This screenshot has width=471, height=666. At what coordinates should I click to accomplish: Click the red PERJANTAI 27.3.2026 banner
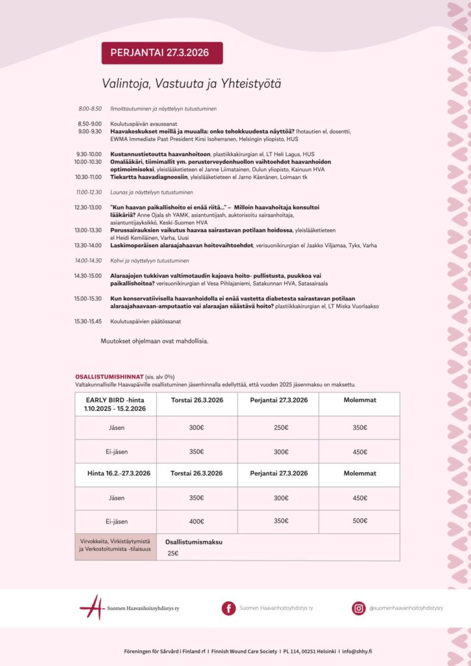tap(162, 53)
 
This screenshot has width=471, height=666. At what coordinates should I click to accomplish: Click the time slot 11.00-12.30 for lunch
tap(90, 192)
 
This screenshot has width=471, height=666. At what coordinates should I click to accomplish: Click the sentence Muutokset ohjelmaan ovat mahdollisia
tap(154, 341)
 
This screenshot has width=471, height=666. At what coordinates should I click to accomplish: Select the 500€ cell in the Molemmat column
tap(359, 521)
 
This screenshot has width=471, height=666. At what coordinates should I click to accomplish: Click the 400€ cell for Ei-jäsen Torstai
tap(196, 521)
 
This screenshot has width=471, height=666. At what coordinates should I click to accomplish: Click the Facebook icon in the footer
tap(228, 608)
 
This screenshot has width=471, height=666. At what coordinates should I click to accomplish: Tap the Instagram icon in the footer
tap(358, 608)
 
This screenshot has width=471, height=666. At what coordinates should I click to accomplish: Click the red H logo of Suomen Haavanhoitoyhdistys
tap(92, 608)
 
